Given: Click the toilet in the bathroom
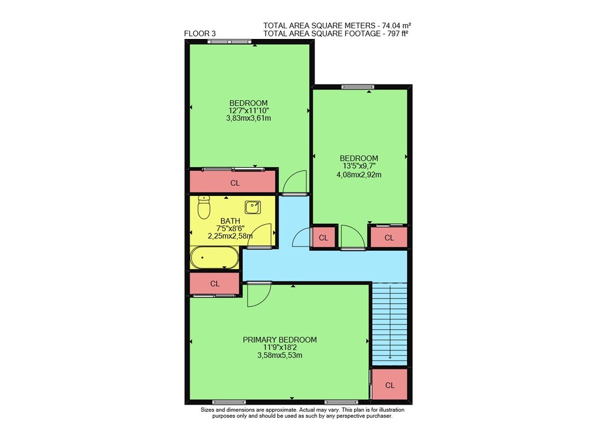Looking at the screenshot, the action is point(204,208).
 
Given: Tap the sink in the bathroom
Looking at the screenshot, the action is point(253,208).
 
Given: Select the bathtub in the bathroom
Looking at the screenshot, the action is point(214,258).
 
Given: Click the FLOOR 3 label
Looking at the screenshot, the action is point(200,34).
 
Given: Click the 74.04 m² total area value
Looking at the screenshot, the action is point(396,25).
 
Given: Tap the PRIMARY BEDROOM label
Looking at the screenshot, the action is point(279,340).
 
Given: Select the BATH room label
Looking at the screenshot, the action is point(230,221).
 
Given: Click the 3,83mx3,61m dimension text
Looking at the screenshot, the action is point(249,118).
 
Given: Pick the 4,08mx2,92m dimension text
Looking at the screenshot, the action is point(359,175).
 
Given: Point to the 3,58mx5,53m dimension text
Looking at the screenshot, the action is point(279,355).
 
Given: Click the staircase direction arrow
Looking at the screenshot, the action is point(391,322).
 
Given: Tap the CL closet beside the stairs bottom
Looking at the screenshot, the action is point(389,384).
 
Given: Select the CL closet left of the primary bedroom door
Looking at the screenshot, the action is point(214,283).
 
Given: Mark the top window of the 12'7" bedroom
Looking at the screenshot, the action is point(229,41).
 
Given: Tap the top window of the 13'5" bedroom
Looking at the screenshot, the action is point(358,87).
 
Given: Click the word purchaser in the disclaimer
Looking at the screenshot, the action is point(378,417).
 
